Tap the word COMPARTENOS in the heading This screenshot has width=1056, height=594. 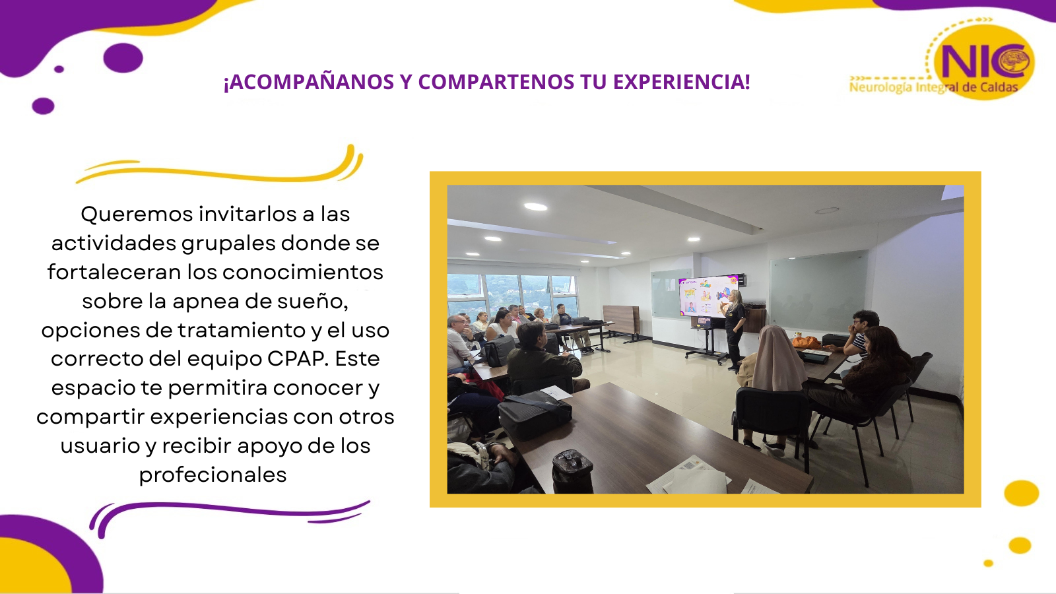(496, 82)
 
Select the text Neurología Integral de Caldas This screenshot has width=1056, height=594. (933, 87)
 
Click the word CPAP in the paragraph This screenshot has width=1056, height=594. (297, 359)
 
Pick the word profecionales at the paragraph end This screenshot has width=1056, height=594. (213, 475)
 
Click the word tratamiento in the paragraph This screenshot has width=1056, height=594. (242, 330)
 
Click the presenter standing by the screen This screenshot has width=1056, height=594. (733, 330)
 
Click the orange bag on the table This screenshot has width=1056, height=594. (806, 342)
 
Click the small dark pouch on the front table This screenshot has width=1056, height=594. (572, 471)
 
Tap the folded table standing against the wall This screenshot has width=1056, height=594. (621, 321)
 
